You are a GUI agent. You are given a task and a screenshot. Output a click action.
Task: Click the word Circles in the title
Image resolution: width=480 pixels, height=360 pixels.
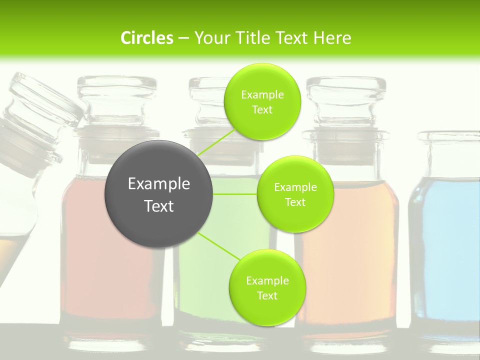pos(146,38)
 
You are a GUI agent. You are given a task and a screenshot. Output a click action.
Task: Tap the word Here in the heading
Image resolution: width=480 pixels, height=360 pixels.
pos(332,38)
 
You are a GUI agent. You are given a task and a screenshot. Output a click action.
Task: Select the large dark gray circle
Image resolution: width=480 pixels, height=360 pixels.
pos(159,194)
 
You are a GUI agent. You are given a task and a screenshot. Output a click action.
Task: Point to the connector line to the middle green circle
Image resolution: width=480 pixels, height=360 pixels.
pos(235,194)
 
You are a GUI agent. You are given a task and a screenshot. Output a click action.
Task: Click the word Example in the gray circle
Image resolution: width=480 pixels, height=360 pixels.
pos(159,183)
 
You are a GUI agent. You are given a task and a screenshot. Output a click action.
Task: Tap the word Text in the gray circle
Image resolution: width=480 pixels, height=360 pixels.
pos(159,206)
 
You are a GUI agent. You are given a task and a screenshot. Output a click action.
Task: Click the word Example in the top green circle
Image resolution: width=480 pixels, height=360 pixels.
pos(262,94)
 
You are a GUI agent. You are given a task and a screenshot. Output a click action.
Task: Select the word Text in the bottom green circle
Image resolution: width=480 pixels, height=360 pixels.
pos(267,295)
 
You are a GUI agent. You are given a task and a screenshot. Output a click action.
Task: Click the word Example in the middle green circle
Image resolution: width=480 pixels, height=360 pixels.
pos(295,187)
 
